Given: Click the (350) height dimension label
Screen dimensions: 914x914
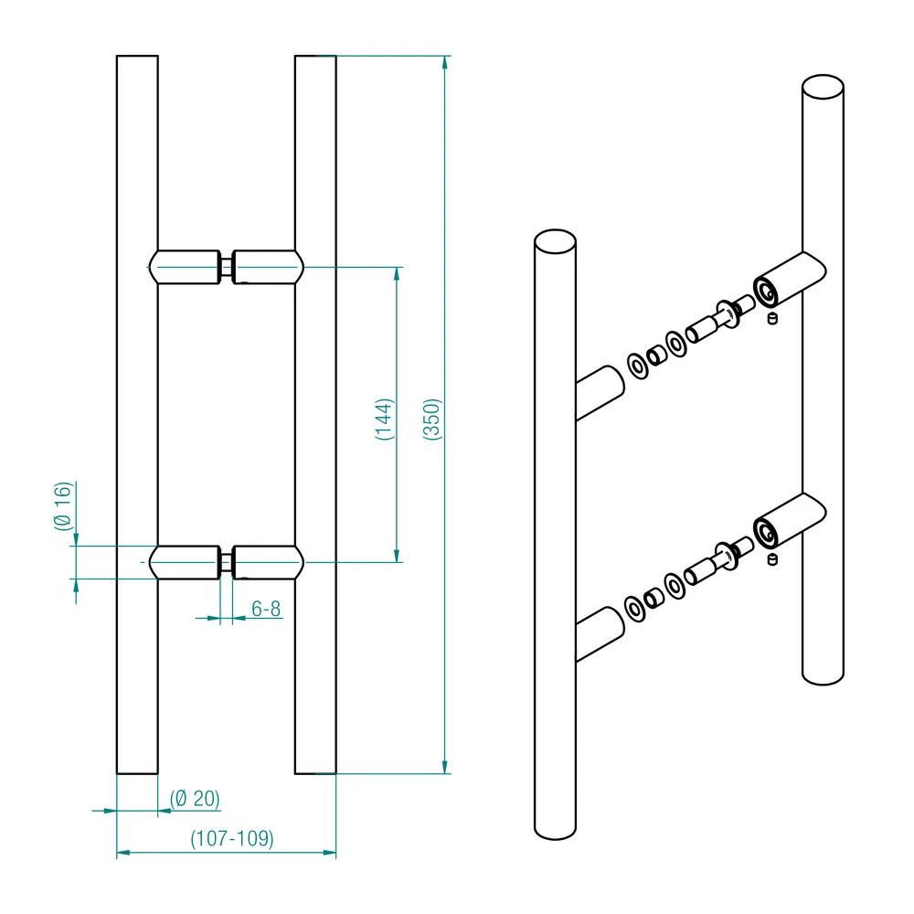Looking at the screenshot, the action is [x=432, y=420].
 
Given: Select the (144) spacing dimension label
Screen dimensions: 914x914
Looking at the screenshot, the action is [x=384, y=420].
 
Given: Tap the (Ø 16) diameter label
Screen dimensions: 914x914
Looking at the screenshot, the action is [x=63, y=506].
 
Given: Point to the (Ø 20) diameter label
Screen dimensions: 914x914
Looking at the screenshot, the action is [x=195, y=798].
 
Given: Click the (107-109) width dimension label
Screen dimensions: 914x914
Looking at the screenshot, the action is [x=232, y=838].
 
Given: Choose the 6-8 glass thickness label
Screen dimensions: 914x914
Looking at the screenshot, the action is [x=266, y=609].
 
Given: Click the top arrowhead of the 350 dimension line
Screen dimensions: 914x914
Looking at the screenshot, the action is [x=445, y=62].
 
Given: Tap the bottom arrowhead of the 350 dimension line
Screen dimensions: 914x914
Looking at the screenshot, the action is [x=445, y=767].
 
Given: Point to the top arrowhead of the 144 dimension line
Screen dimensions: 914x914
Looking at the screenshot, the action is [x=398, y=274].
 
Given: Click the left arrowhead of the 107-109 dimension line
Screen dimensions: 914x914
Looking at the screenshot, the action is [x=123, y=853].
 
